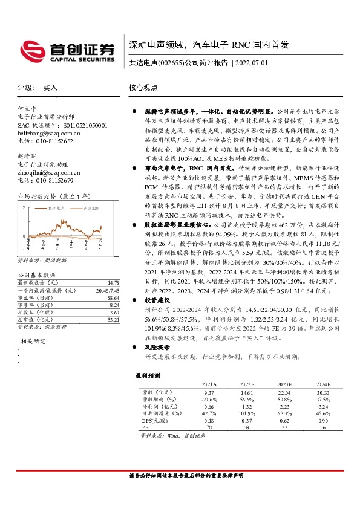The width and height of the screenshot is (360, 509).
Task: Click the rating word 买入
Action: click(x=50, y=88)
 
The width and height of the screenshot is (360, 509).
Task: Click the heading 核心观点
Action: click(x=143, y=88)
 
